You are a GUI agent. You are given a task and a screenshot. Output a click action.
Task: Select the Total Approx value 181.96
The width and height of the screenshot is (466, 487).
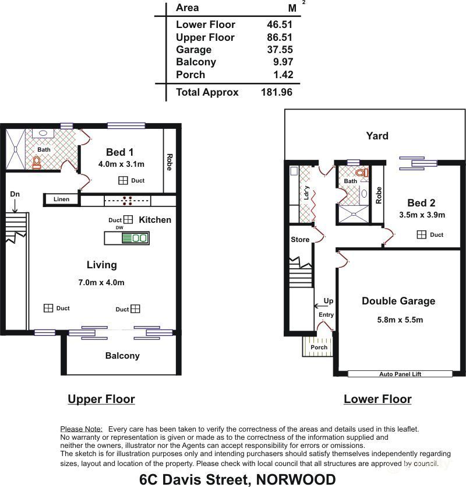coord(277,92)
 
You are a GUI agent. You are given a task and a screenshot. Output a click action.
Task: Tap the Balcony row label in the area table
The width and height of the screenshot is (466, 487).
coord(196,62)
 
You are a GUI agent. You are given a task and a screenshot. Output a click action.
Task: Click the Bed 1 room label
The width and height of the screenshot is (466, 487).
coord(120,152)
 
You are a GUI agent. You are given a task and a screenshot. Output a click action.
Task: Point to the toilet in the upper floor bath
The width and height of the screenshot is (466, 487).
coord(37,162)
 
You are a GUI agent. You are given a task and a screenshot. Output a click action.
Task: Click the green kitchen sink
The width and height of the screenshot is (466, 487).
coord(135,238)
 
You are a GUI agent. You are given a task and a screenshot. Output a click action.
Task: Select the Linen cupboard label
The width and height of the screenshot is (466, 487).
coord(61,199)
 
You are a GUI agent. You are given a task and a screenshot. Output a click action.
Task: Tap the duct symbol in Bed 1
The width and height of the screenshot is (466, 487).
coord(123,181)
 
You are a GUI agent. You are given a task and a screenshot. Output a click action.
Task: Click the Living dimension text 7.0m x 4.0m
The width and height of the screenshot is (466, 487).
coord(101,283)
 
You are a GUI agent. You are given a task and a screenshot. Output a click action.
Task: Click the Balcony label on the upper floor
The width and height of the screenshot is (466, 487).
coord(122,356)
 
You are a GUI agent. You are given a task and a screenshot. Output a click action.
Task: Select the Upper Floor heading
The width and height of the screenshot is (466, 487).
coord(101,400)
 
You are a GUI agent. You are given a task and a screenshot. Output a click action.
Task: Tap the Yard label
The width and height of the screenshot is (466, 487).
coord(377,136)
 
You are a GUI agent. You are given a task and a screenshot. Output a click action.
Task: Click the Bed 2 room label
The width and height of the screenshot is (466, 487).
coord(421,203)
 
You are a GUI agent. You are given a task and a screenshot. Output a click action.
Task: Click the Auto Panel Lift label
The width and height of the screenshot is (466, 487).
coord(399,374)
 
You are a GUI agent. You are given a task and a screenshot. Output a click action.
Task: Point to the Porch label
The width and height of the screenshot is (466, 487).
coord(319,348)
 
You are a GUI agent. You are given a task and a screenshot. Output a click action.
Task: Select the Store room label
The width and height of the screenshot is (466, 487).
coord(300,240)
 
